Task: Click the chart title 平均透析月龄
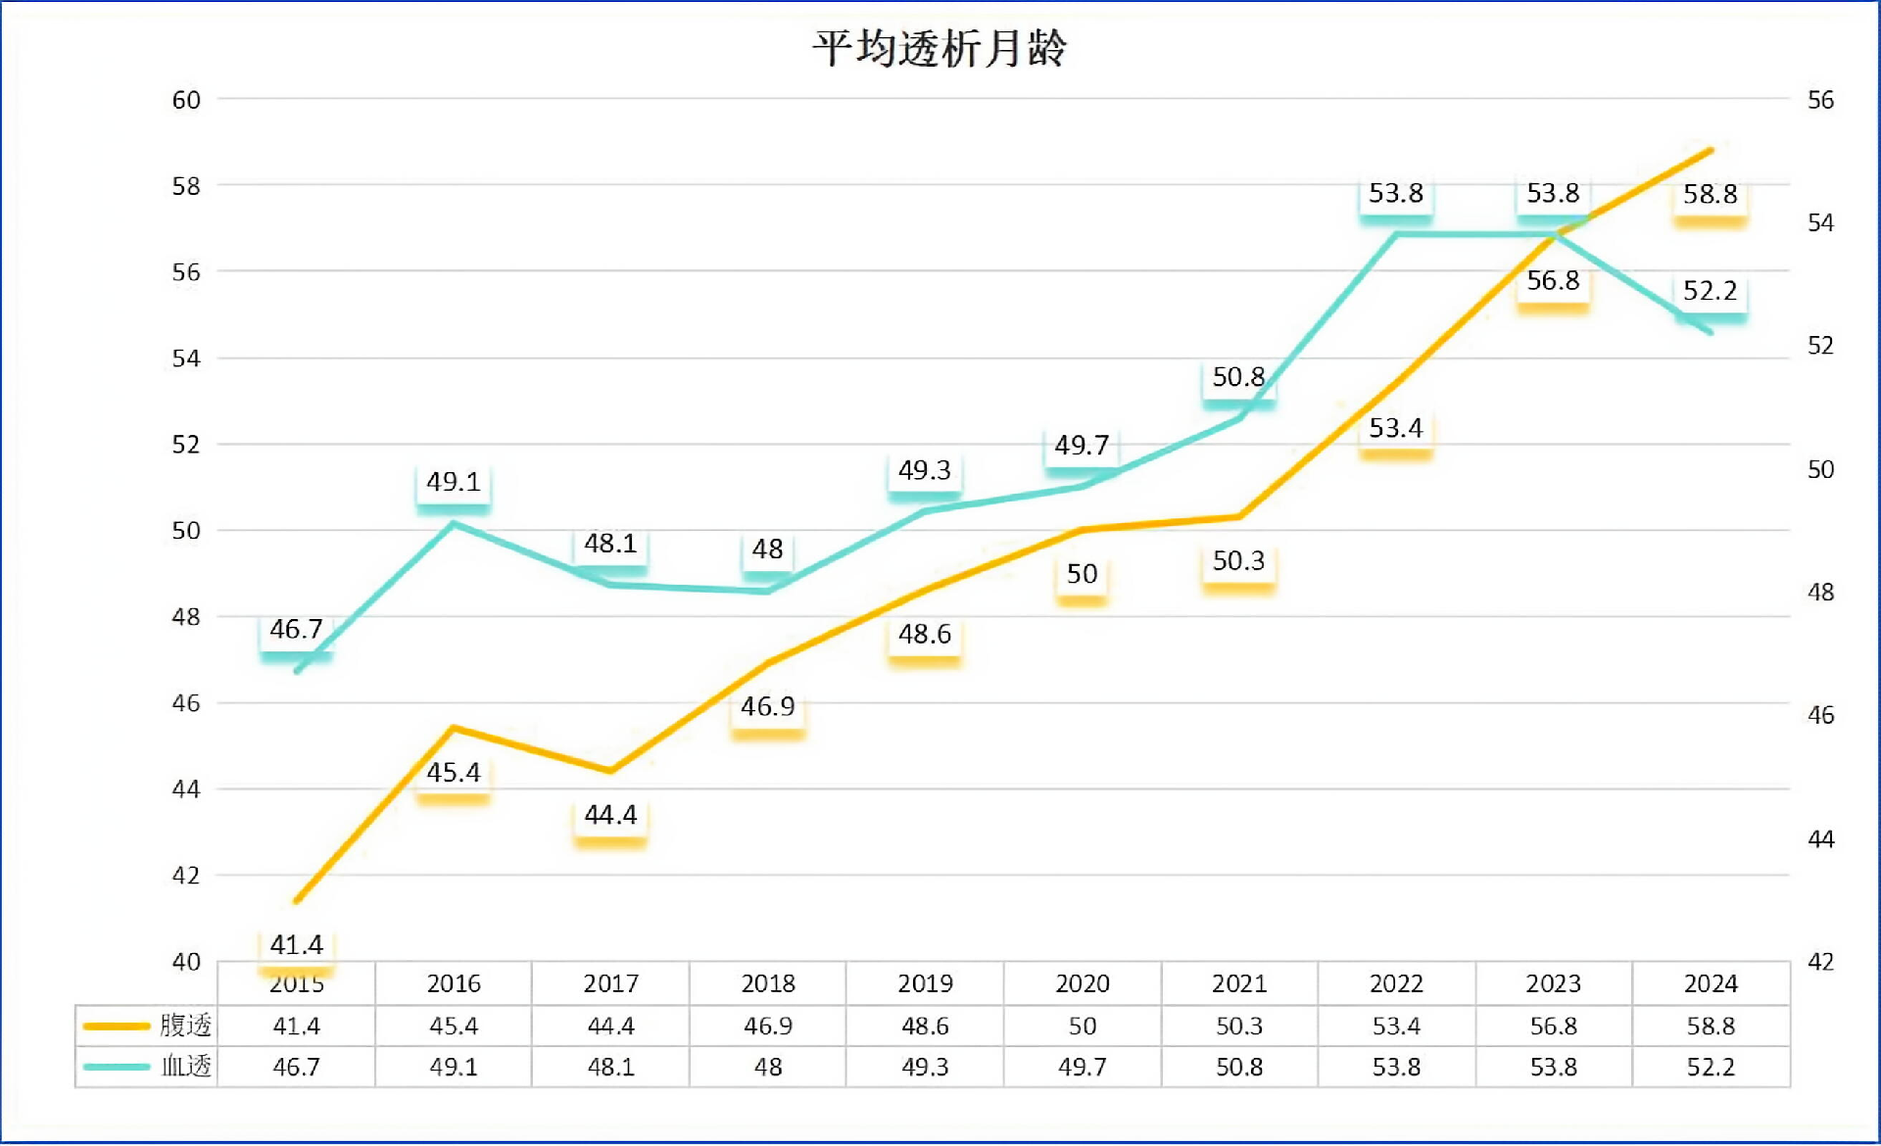[x=939, y=48]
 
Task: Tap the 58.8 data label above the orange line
[x=1710, y=194]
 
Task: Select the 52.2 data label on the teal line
[x=1710, y=291]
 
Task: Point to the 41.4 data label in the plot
[x=296, y=944]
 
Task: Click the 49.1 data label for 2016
[x=453, y=482]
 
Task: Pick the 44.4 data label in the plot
[x=610, y=815]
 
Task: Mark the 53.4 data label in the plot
[x=1395, y=428]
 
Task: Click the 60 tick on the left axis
[x=186, y=100]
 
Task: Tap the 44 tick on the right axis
[x=1820, y=839]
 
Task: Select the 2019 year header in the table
[x=925, y=983]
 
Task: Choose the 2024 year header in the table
[x=1711, y=983]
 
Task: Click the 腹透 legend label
[x=185, y=1026]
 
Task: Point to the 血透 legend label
[x=185, y=1066]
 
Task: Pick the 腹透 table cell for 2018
[x=768, y=1027]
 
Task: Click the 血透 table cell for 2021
[x=1239, y=1067]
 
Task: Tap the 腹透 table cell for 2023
[x=1553, y=1027]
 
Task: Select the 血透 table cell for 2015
[x=296, y=1067]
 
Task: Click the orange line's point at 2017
[x=610, y=771]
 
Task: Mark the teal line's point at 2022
[x=1396, y=234]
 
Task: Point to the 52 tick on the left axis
[x=186, y=445]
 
